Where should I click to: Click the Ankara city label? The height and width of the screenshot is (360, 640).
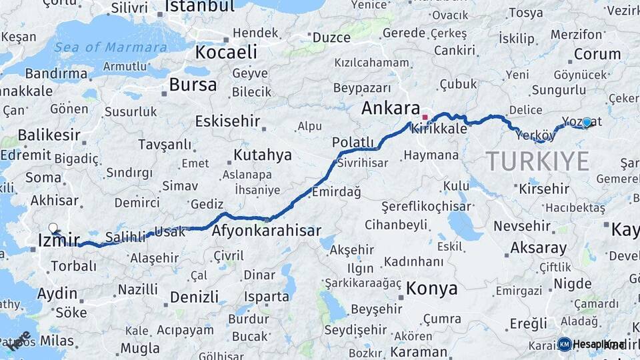coord(391,109)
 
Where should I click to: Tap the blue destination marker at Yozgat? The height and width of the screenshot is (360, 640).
coord(587,122)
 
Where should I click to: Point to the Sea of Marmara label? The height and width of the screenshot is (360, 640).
coord(111,47)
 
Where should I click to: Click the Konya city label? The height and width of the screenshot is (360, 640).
coord(431,289)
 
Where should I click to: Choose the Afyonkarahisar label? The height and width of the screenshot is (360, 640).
coord(266,231)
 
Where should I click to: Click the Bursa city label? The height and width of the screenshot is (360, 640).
coord(193,85)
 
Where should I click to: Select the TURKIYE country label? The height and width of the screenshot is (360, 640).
coord(537,161)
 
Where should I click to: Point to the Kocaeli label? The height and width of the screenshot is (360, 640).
coord(226,52)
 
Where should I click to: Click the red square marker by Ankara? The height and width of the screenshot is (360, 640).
coord(425,117)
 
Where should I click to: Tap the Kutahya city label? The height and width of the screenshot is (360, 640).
coord(263,155)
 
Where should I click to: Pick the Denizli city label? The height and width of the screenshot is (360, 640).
coord(194,297)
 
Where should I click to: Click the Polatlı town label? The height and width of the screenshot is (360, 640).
coord(353,141)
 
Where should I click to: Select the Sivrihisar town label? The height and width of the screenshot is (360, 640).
coord(363,162)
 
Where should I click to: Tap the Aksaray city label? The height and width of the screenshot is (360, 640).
coord(539,248)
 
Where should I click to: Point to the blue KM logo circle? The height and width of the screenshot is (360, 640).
coord(565,344)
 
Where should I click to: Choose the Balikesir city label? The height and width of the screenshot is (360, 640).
coord(49,135)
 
